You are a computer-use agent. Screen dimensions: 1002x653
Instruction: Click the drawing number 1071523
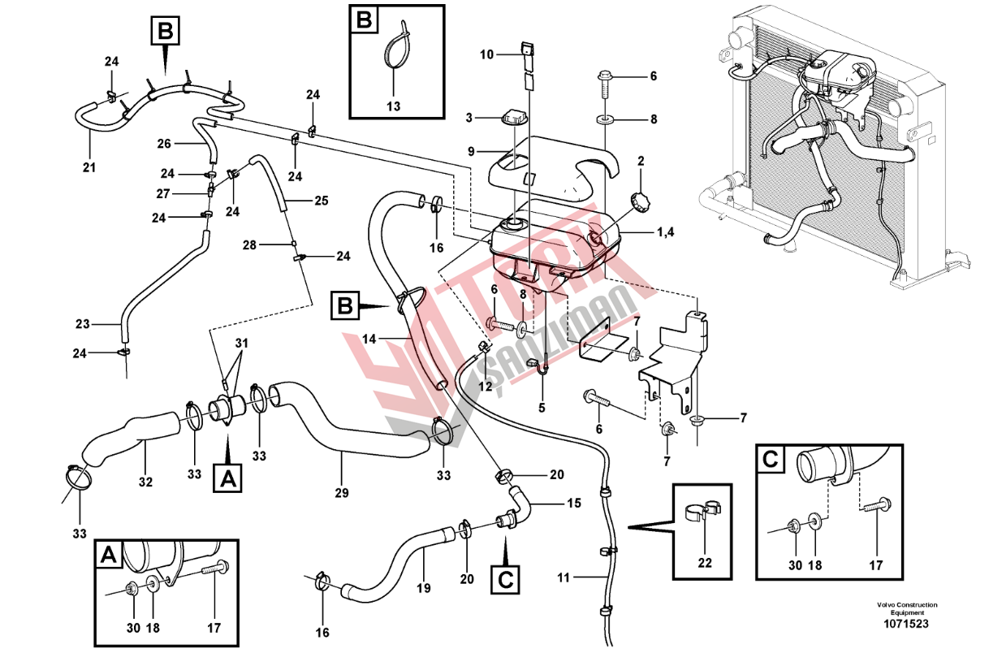(x=906, y=624)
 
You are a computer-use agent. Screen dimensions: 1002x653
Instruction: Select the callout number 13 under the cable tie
(x=394, y=106)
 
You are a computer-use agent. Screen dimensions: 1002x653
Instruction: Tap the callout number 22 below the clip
(x=705, y=563)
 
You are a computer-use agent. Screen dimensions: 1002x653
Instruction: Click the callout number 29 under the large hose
(x=342, y=493)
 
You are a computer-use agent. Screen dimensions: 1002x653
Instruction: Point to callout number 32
(x=145, y=482)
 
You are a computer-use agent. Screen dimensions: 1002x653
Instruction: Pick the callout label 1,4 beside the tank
(x=666, y=231)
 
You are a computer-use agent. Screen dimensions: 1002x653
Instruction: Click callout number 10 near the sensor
(x=486, y=54)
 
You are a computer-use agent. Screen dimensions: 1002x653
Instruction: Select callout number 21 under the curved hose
(x=89, y=167)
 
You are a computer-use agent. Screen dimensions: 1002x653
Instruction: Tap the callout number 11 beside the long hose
(x=564, y=577)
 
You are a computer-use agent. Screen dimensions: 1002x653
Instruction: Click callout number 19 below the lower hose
(x=424, y=588)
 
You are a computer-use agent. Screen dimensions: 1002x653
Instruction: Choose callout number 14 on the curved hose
(x=369, y=339)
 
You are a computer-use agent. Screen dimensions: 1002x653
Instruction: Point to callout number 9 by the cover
(x=471, y=152)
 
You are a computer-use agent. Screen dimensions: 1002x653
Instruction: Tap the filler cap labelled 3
(x=515, y=118)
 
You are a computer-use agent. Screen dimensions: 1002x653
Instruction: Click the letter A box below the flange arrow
(x=227, y=479)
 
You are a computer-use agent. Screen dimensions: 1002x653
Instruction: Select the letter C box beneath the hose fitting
(x=505, y=581)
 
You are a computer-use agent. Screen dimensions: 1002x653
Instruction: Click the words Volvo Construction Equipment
(x=907, y=608)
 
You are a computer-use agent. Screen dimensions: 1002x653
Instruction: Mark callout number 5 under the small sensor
(x=542, y=408)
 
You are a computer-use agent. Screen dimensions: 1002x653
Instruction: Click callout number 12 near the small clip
(x=486, y=386)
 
